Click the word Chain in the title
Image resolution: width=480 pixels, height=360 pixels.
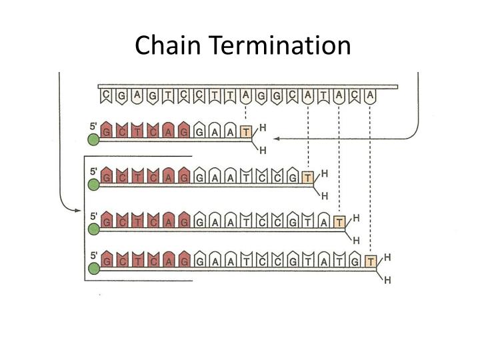170,45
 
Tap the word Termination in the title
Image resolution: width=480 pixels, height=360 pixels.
281,45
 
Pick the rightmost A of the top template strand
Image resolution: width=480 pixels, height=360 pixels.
370,97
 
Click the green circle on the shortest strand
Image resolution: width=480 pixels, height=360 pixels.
93,139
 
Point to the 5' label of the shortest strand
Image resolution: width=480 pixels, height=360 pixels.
93,125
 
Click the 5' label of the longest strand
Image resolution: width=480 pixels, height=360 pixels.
93,254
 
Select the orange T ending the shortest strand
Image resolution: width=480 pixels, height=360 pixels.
247,133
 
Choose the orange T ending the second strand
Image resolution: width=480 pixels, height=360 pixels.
307,177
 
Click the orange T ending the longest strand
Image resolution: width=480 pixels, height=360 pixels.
371,261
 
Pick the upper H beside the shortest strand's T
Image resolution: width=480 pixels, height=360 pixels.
263,126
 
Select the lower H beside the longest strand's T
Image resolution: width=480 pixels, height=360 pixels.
387,281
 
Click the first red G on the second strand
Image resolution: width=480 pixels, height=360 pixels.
107,177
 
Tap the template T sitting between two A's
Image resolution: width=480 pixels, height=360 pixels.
323,97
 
